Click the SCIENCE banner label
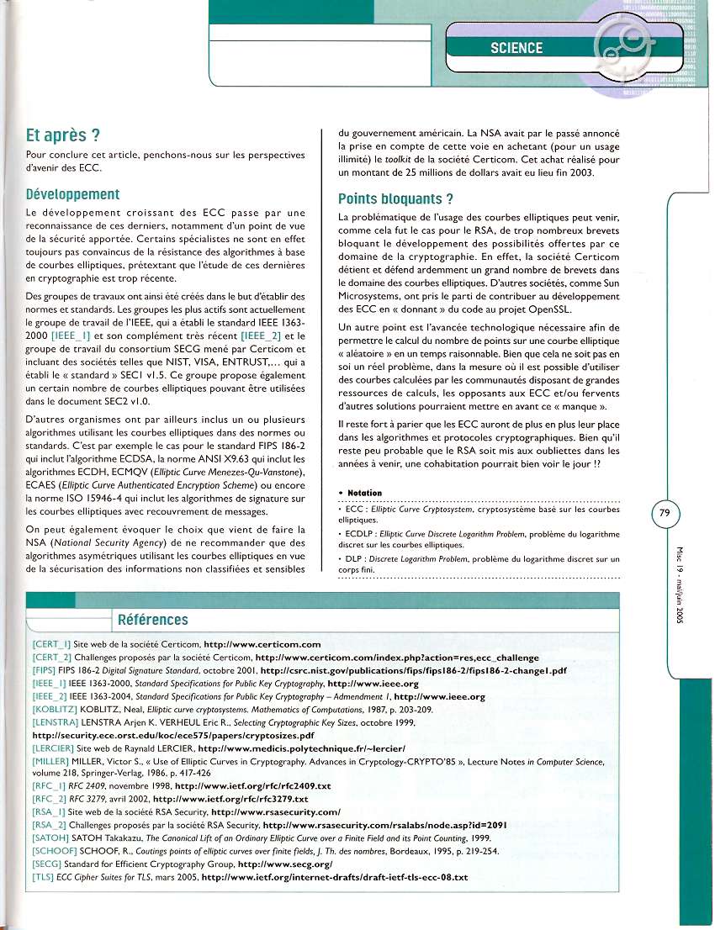pyautogui.click(x=516, y=48)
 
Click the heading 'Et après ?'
pyautogui.click(x=64, y=135)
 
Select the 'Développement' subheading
pyautogui.click(x=73, y=194)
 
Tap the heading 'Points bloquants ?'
pyautogui.click(x=395, y=199)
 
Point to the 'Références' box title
pyautogui.click(x=153, y=620)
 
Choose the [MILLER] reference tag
pyautogui.click(x=51, y=760)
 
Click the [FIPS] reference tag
pyautogui.click(x=45, y=671)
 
